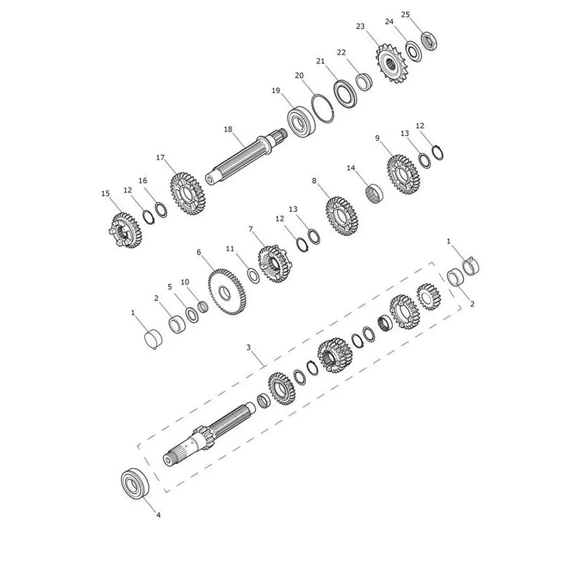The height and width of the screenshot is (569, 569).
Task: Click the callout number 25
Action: pyautogui.click(x=405, y=14)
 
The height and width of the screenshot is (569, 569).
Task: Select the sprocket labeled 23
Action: pyautogui.click(x=392, y=63)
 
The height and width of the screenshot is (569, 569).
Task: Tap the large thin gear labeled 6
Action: pyautogui.click(x=227, y=292)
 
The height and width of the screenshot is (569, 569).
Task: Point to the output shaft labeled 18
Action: pyautogui.click(x=246, y=159)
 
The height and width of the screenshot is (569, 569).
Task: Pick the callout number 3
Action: pyautogui.click(x=248, y=347)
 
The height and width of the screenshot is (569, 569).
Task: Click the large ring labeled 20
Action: pyautogui.click(x=323, y=109)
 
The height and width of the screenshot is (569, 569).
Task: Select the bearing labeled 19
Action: pyautogui.click(x=301, y=122)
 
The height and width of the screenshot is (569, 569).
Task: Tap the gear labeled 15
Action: pyautogui.click(x=125, y=230)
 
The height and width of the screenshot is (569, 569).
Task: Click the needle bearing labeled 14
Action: pyautogui.click(x=374, y=193)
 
